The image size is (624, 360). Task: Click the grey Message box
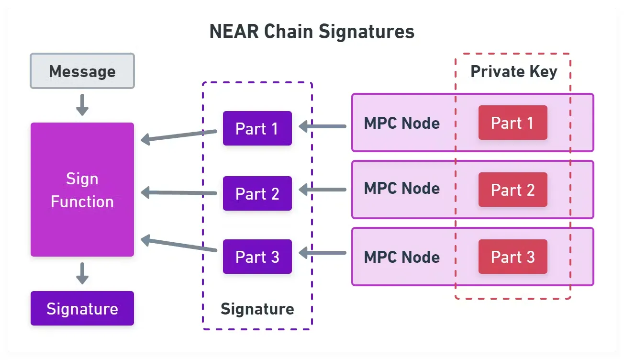(x=82, y=71)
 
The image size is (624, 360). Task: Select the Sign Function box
(x=82, y=190)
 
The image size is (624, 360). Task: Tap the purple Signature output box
(x=82, y=309)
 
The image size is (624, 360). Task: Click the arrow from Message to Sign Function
(x=82, y=104)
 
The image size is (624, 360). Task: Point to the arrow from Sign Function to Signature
(x=82, y=273)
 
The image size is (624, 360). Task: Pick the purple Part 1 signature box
(x=257, y=128)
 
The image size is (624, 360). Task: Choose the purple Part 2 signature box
(x=257, y=193)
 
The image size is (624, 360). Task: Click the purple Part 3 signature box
(x=257, y=257)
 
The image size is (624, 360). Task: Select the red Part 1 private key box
(x=513, y=123)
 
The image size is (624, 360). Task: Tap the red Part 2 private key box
(x=513, y=190)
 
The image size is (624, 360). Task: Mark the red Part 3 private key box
(x=513, y=257)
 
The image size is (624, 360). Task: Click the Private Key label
(x=513, y=71)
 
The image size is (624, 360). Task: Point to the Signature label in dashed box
(x=257, y=309)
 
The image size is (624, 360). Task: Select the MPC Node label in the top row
(x=401, y=123)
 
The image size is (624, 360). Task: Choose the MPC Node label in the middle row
(x=401, y=188)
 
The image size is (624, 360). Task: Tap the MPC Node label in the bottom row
(x=401, y=257)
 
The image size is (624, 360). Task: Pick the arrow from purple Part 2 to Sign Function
(x=179, y=193)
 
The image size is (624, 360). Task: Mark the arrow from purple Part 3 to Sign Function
(x=179, y=244)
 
